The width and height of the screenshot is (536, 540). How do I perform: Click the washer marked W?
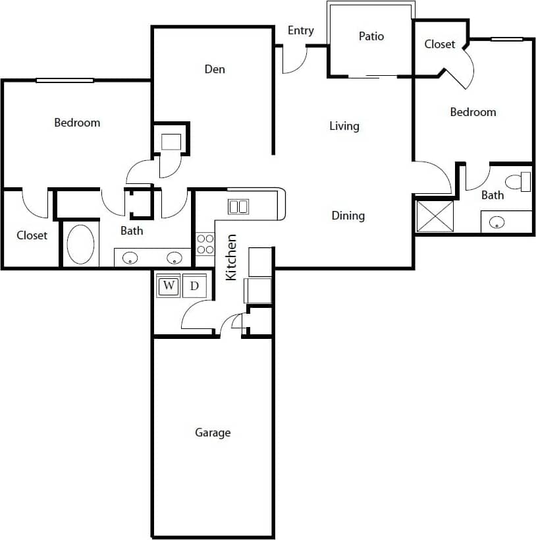pos(169,286)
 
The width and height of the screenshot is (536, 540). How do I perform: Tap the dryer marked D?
pos(194,286)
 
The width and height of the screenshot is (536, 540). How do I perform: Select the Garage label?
pos(213,433)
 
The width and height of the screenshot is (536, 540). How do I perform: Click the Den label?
pos(215,69)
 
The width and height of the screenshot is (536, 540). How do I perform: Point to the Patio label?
pos(371,36)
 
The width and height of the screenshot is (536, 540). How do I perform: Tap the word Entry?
pos(301,30)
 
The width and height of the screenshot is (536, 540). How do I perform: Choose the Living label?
pos(344,126)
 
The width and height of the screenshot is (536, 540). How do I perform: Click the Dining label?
pos(348,216)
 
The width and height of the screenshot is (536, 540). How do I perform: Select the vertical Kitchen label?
pos(232,257)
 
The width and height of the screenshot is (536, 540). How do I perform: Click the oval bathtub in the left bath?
pos(80,245)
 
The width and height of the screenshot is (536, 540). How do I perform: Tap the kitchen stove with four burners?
pos(205,244)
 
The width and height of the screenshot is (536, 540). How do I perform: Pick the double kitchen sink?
pos(238,206)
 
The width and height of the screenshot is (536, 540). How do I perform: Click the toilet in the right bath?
pos(518,181)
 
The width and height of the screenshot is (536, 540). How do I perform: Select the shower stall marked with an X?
pos(435,216)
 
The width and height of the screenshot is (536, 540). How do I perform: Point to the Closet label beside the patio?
pos(440,44)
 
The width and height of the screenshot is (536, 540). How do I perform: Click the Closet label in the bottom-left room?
pos(32,235)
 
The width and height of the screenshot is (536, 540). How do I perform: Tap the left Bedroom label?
pos(77,123)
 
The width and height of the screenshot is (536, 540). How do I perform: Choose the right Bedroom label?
pos(473,112)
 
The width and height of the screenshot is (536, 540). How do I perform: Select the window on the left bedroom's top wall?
pos(65,80)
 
